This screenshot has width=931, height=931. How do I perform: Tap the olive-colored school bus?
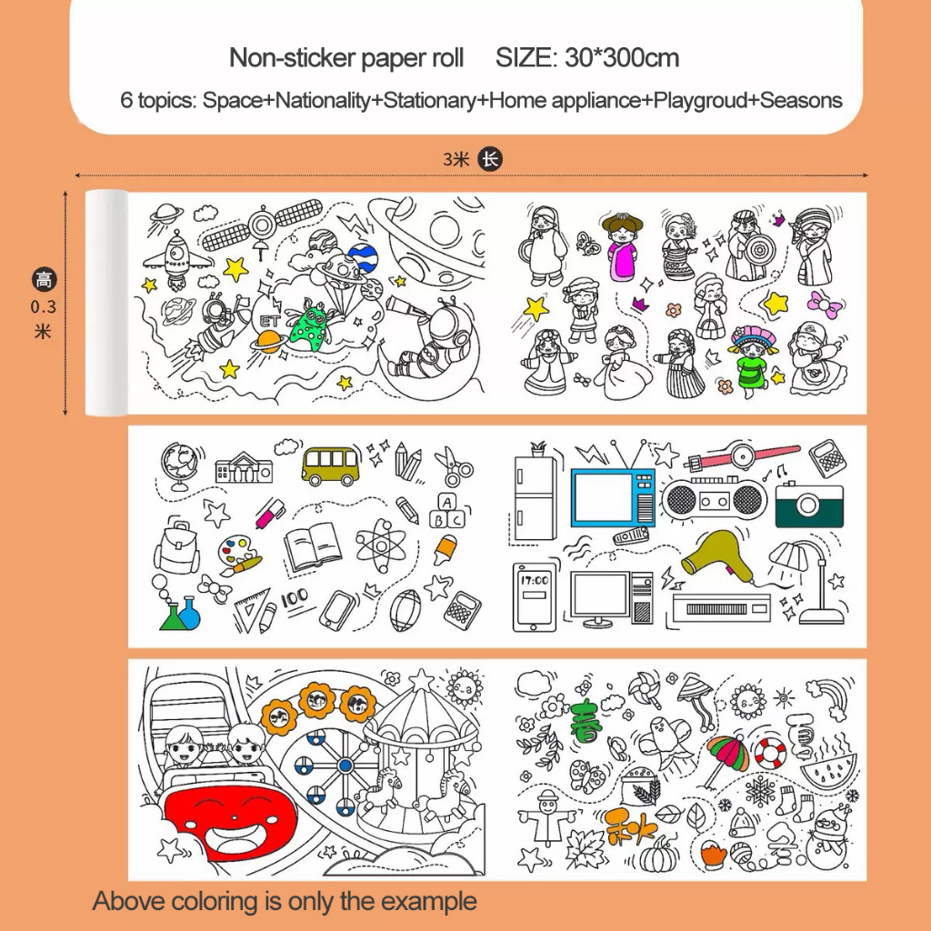pos(330,464)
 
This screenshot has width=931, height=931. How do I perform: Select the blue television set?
pos(613,497)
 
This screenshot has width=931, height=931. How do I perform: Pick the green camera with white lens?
pos(808,505)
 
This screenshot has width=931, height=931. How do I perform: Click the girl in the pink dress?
pos(621,249)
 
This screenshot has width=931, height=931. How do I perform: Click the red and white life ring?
pos(771,753)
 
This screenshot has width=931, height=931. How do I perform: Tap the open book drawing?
pos(313,546)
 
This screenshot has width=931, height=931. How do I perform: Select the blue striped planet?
pos(363,257)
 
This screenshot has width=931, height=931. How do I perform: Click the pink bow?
pos(824,305)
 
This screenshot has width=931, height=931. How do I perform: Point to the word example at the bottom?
pos(429,901)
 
